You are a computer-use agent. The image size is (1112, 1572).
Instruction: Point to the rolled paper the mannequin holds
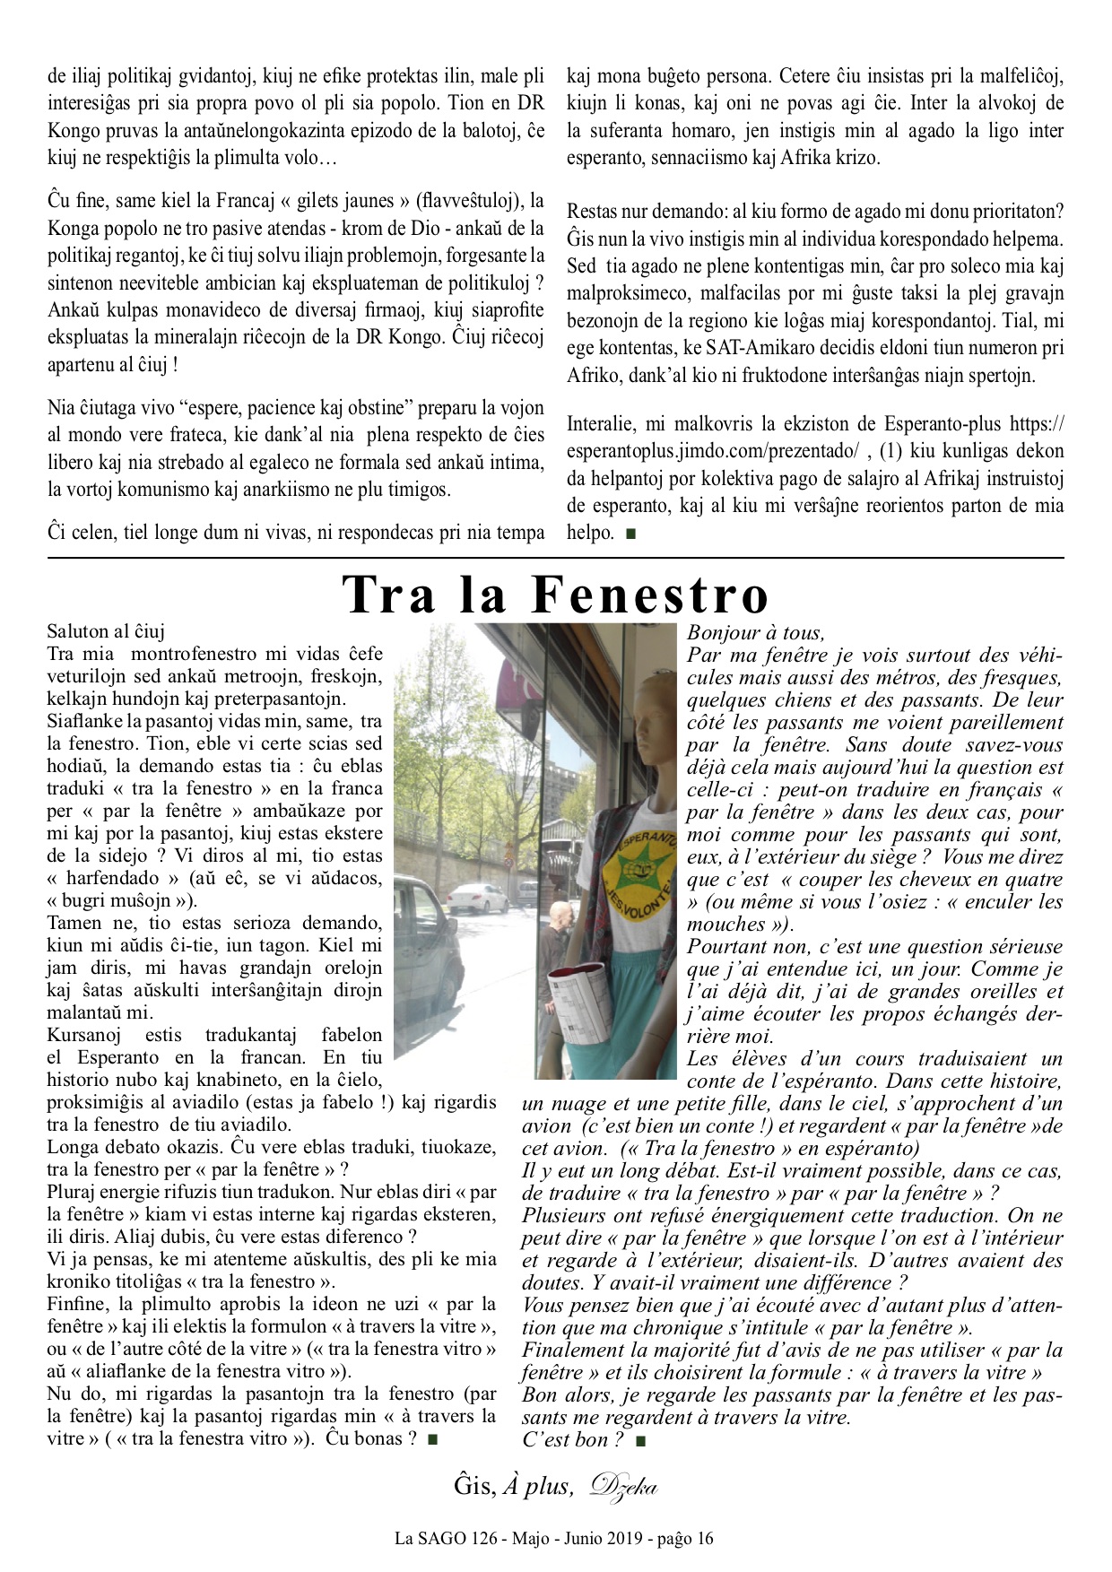[579, 1009]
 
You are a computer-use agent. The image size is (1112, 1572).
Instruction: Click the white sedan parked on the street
[478, 897]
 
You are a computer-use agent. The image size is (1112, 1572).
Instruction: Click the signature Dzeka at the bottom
[623, 1486]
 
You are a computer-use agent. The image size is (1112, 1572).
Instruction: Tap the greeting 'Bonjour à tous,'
[755, 633]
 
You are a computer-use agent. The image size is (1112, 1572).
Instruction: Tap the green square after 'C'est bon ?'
[639, 1441]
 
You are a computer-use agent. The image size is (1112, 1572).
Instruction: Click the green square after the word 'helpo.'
[630, 534]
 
